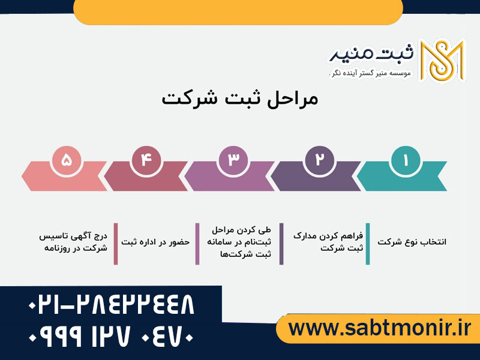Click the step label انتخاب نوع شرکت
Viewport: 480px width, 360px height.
(412, 242)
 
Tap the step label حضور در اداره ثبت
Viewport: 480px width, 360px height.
(155, 242)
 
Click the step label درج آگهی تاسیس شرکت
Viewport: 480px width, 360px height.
(73, 242)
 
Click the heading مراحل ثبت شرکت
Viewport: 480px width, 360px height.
(240, 99)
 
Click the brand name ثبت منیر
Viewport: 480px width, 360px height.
(371, 54)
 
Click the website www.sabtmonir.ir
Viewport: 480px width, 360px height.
(380, 328)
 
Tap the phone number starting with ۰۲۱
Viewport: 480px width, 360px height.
(111, 306)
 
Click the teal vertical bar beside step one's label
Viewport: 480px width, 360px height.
(368, 244)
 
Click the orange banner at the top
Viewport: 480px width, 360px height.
(238, 11)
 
